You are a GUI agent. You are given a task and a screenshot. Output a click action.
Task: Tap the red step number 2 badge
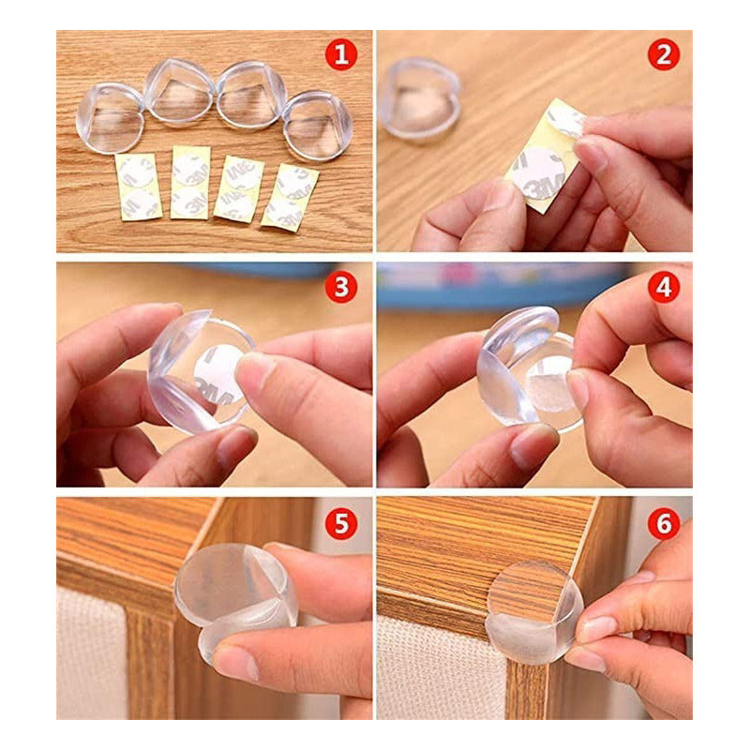point(663,55)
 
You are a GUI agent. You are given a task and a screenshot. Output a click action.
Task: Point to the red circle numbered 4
point(663,287)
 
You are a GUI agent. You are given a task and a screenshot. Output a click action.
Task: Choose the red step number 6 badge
point(663,523)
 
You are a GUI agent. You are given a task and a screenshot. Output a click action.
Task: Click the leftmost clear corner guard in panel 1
point(111,118)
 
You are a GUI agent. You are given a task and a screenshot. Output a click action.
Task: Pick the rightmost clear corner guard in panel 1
point(317,124)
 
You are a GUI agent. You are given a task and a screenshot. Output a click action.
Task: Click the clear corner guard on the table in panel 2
point(422,98)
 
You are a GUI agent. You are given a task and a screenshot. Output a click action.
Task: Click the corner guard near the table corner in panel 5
point(234,600)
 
